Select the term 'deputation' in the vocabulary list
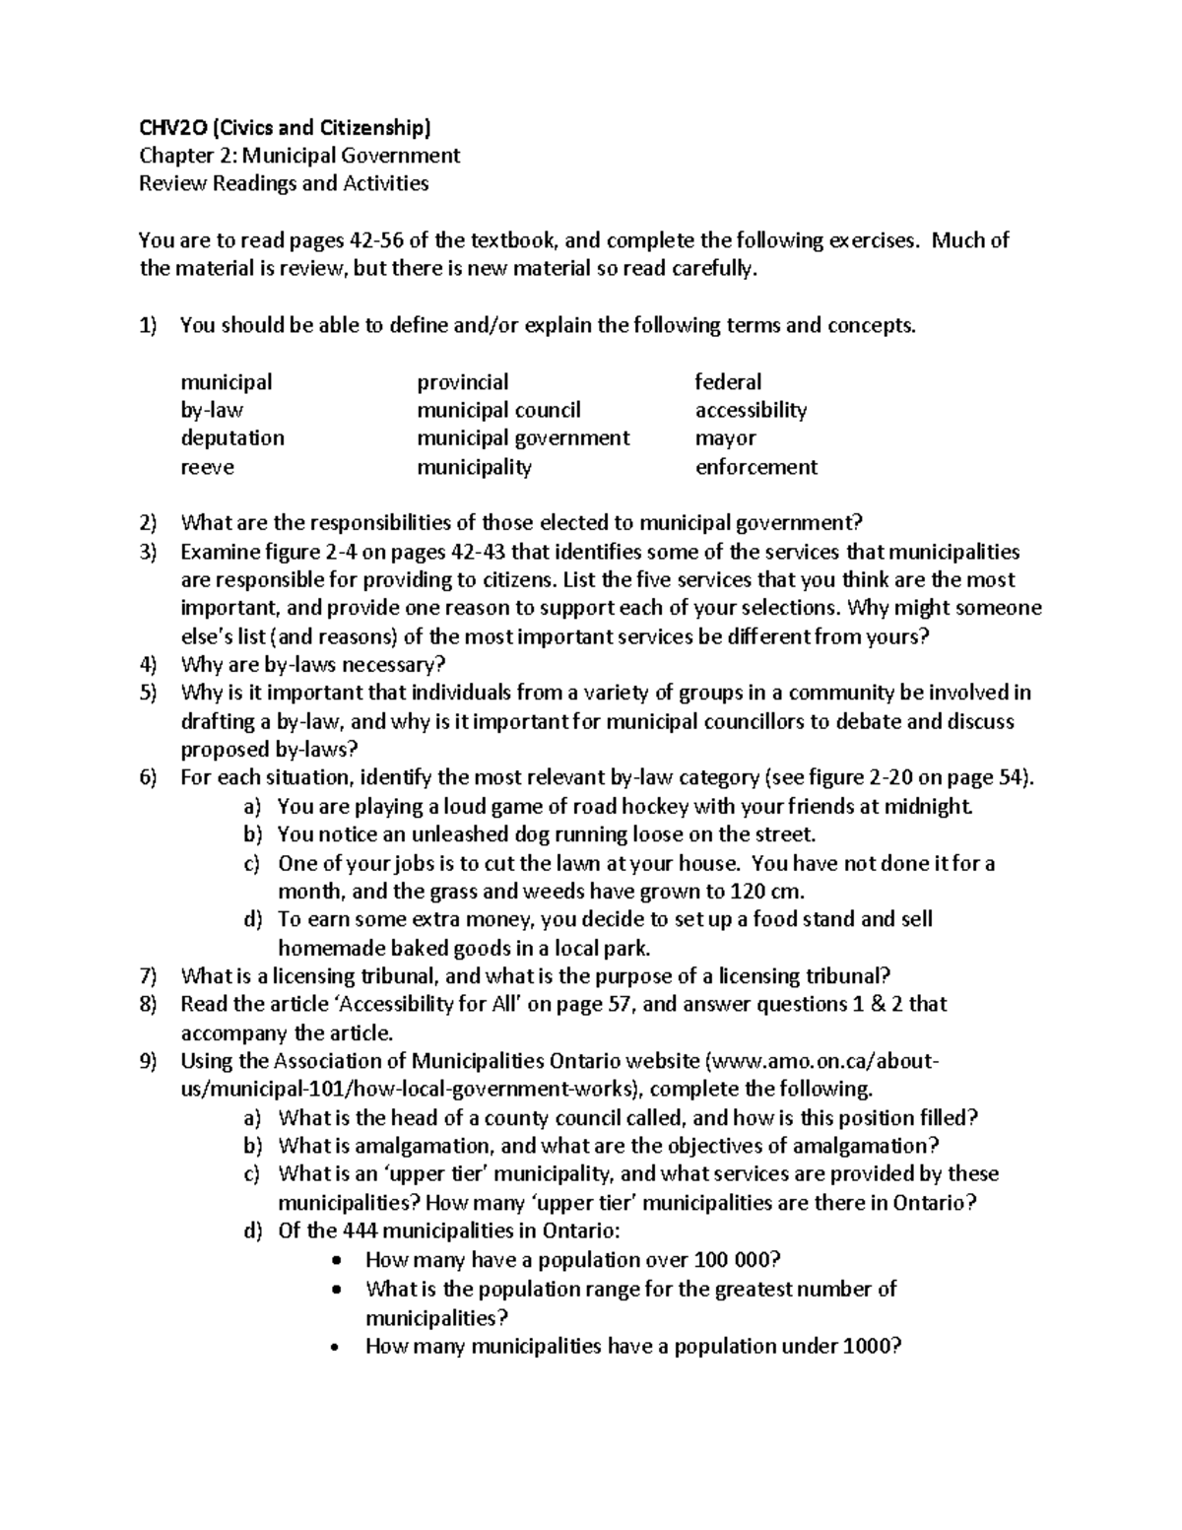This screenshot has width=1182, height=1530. [232, 437]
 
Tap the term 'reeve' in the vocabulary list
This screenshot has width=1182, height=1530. [207, 467]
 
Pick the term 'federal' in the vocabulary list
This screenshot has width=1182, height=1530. [728, 381]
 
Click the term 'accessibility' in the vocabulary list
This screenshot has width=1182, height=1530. [751, 410]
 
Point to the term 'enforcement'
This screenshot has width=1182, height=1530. [755, 467]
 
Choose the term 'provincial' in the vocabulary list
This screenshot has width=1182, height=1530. [462, 381]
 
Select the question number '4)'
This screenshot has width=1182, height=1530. [148, 665]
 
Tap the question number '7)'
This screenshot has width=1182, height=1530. [148, 976]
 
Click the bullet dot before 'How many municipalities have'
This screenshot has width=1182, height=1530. [339, 1347]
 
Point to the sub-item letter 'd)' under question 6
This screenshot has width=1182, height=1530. [252, 919]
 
